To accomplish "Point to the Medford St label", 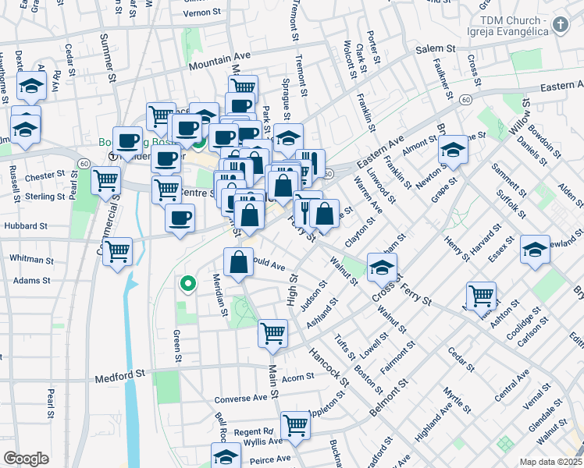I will (x=120, y=378).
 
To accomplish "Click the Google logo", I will (x=26, y=459).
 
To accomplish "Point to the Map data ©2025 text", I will (x=550, y=462).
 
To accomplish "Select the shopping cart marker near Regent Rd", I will (x=296, y=425).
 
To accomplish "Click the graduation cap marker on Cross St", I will (x=382, y=267).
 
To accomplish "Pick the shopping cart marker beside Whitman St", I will (x=117, y=251).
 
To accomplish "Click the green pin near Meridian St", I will (x=187, y=284).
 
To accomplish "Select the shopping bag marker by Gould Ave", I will (x=238, y=262).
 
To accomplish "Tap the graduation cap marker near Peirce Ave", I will (x=226, y=456).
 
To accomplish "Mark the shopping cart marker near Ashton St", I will (x=481, y=295).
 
